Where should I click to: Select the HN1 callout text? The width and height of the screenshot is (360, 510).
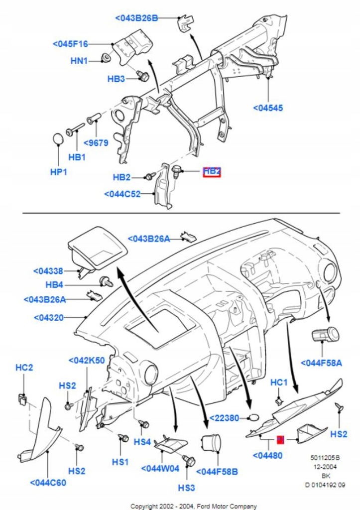point(79,61)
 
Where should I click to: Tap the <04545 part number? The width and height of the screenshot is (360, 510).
point(268,108)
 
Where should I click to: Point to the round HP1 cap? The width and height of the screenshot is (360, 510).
point(59,138)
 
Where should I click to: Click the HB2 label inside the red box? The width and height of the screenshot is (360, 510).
point(212,171)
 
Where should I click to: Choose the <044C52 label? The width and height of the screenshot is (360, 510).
point(122,194)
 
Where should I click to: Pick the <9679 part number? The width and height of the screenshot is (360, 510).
point(96,143)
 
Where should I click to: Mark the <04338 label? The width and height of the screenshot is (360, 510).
point(48,271)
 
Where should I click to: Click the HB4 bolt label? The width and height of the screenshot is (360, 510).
point(54,285)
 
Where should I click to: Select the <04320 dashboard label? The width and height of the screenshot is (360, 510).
point(49,317)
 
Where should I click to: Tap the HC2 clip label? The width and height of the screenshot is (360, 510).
point(24,368)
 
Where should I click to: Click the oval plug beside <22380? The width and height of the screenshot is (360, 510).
point(254,417)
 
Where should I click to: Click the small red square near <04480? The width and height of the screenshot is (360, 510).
point(280,440)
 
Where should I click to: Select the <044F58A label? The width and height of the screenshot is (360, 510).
point(321,363)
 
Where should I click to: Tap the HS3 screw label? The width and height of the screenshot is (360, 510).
point(187,487)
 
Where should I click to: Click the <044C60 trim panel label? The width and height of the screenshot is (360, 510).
point(48,483)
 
